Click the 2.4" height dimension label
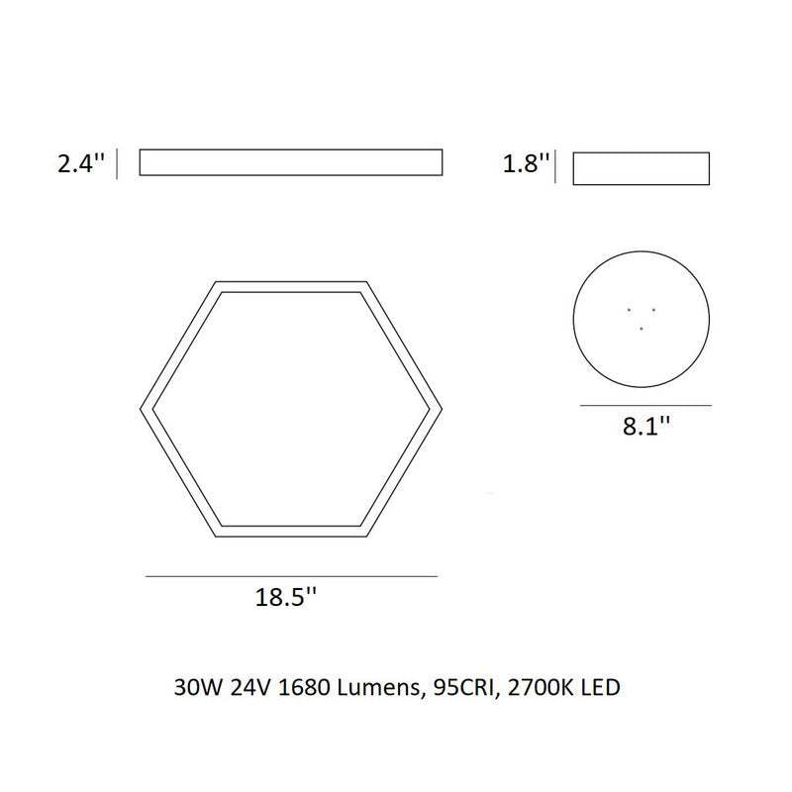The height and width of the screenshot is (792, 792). [x=80, y=164]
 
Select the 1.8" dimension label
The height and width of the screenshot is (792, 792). [x=526, y=164]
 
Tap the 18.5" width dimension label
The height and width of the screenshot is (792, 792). [x=286, y=598]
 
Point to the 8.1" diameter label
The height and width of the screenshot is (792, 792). [x=646, y=429]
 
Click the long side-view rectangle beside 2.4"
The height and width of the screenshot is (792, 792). [x=290, y=162]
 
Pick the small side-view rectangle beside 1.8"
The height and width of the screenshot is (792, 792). [x=642, y=168]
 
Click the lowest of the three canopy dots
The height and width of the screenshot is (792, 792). [x=642, y=328]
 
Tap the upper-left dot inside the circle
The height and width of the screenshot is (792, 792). [x=630, y=310]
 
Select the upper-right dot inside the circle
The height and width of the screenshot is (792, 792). [x=653, y=310]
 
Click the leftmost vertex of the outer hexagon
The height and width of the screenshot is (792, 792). [x=138, y=409]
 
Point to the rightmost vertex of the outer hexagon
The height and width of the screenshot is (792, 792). [x=443, y=409]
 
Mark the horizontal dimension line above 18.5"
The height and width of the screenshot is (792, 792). [x=291, y=576]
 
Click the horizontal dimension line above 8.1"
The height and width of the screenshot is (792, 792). [x=645, y=406]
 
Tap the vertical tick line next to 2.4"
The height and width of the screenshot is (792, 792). [x=119, y=163]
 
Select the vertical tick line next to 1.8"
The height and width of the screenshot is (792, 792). [x=557, y=167]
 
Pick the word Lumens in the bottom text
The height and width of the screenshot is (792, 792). [x=373, y=686]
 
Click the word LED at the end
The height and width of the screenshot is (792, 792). [x=600, y=686]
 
